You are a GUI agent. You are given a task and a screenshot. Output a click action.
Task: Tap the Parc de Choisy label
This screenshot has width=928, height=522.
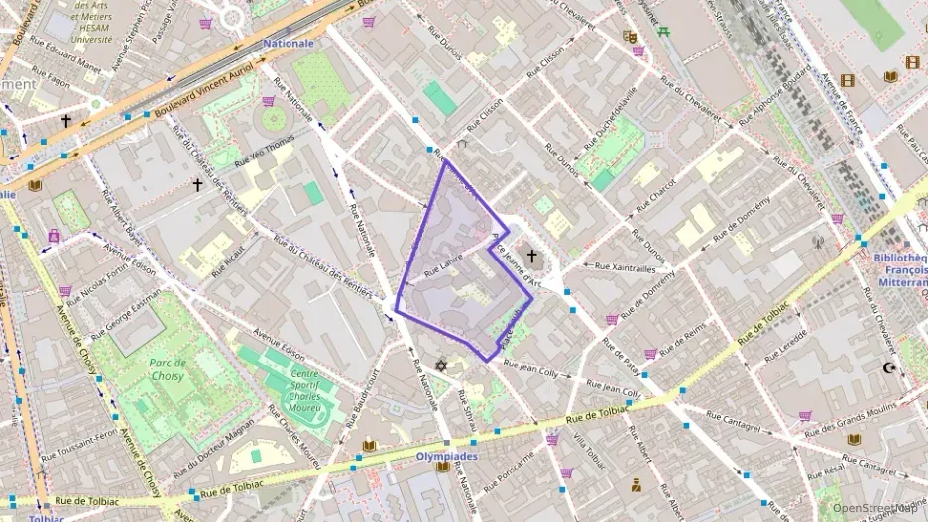point(168,369)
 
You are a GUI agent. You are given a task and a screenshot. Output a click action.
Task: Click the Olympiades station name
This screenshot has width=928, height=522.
point(446,457)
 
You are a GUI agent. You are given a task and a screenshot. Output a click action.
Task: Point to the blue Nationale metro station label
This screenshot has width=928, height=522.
point(289,44)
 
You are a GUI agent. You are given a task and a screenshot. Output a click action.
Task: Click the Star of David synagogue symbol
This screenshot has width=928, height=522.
point(442,366)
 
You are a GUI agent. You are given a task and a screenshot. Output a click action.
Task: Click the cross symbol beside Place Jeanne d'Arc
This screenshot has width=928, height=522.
point(531,257)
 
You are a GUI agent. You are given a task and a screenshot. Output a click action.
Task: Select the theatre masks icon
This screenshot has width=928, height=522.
point(629,37)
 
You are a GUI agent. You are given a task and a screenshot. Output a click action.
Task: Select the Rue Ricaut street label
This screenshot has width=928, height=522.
point(225,260)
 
